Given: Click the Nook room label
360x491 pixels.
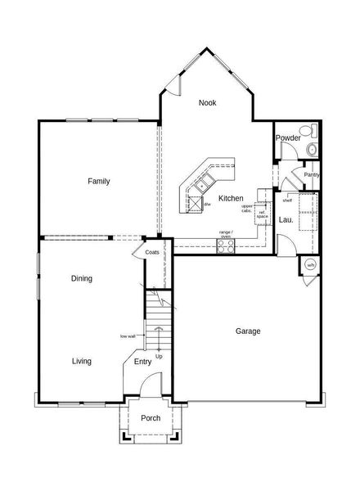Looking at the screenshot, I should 207,103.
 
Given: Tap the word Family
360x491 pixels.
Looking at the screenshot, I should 99,182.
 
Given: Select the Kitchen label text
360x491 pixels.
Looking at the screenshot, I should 231,199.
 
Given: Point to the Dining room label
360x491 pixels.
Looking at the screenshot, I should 81,279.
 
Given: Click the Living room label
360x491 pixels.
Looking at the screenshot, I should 81,361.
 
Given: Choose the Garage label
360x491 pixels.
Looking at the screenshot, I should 248,331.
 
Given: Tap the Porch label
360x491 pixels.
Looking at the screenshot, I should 151,418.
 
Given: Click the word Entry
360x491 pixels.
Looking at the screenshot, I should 142,361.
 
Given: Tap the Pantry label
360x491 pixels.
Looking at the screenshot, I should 311,174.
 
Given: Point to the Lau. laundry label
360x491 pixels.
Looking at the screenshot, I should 286,220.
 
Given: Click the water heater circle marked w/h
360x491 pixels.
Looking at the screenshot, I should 310,265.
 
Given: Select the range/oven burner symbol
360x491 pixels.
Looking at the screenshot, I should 226,246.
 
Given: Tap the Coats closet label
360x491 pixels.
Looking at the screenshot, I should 152,252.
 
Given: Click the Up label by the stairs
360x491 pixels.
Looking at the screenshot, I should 159,356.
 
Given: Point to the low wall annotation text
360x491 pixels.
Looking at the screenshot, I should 127,336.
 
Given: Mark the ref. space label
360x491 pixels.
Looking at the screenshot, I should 263,214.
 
